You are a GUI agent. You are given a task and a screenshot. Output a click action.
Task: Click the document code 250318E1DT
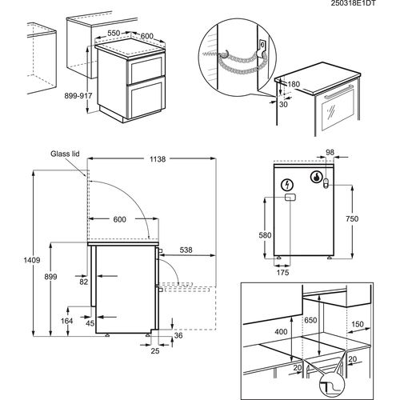click(353, 3)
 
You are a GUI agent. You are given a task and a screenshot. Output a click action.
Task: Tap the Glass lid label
click(65, 154)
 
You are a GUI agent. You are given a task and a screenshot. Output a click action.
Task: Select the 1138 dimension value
click(158, 159)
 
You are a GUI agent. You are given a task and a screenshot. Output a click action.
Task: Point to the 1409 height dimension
click(32, 260)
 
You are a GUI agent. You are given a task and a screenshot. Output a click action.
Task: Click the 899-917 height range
click(78, 96)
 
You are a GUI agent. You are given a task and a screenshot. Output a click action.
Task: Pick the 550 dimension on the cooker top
click(114, 33)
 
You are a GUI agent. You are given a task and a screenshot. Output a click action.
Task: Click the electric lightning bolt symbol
click(288, 185)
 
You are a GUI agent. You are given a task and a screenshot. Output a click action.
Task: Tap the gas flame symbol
click(316, 177)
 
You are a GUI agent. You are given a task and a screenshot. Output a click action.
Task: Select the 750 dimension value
click(352, 218)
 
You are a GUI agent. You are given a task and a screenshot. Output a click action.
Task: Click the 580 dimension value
click(265, 235)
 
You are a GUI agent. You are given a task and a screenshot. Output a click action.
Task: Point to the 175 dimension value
click(282, 272)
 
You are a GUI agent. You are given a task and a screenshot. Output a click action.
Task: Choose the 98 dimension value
click(330, 152)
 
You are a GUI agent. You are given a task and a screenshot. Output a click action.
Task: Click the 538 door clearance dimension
click(186, 250)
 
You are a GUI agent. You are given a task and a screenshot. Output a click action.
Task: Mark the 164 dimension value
click(66, 321)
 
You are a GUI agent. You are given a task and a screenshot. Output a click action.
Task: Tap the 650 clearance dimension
click(310, 320)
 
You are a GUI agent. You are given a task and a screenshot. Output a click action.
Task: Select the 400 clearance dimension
click(281, 332)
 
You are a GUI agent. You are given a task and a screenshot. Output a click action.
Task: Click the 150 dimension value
click(358, 324)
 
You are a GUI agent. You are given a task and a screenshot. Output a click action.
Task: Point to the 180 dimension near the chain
click(294, 84)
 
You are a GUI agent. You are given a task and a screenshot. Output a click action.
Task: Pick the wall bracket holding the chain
click(262, 47)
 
